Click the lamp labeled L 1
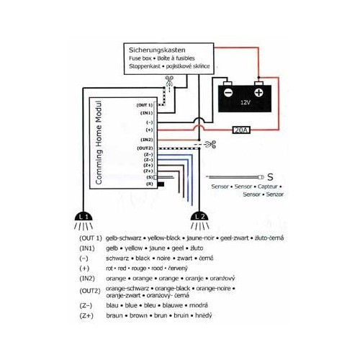pos(84,215)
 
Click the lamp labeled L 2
pos(200,215)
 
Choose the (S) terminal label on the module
pos(149,176)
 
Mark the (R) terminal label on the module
pos(149,184)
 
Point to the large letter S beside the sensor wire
pos(270,176)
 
